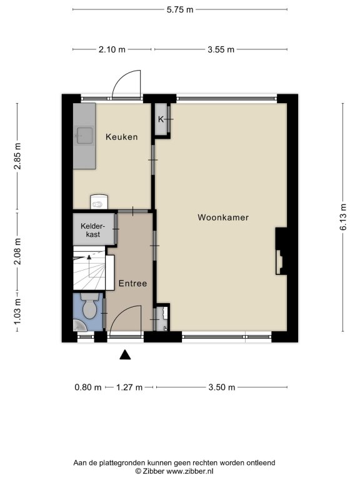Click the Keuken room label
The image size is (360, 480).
121,137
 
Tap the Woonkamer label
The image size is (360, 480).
223,217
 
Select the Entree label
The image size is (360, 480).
132,284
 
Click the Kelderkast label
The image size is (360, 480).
92,230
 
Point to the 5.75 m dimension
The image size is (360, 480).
180,9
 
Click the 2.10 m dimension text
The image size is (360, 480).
112,49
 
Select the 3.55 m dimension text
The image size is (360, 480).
221,49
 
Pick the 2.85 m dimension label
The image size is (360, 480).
17,156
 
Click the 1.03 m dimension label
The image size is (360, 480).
17,312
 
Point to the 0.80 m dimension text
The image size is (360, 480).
88,387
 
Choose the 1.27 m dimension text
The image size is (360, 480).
129,387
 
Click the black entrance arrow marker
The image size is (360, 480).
125,355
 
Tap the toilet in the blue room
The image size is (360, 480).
89,306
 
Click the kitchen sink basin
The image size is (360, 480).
84,135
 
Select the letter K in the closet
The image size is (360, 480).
161,119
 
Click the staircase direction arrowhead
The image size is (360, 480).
89,257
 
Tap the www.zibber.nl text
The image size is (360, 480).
190,471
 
